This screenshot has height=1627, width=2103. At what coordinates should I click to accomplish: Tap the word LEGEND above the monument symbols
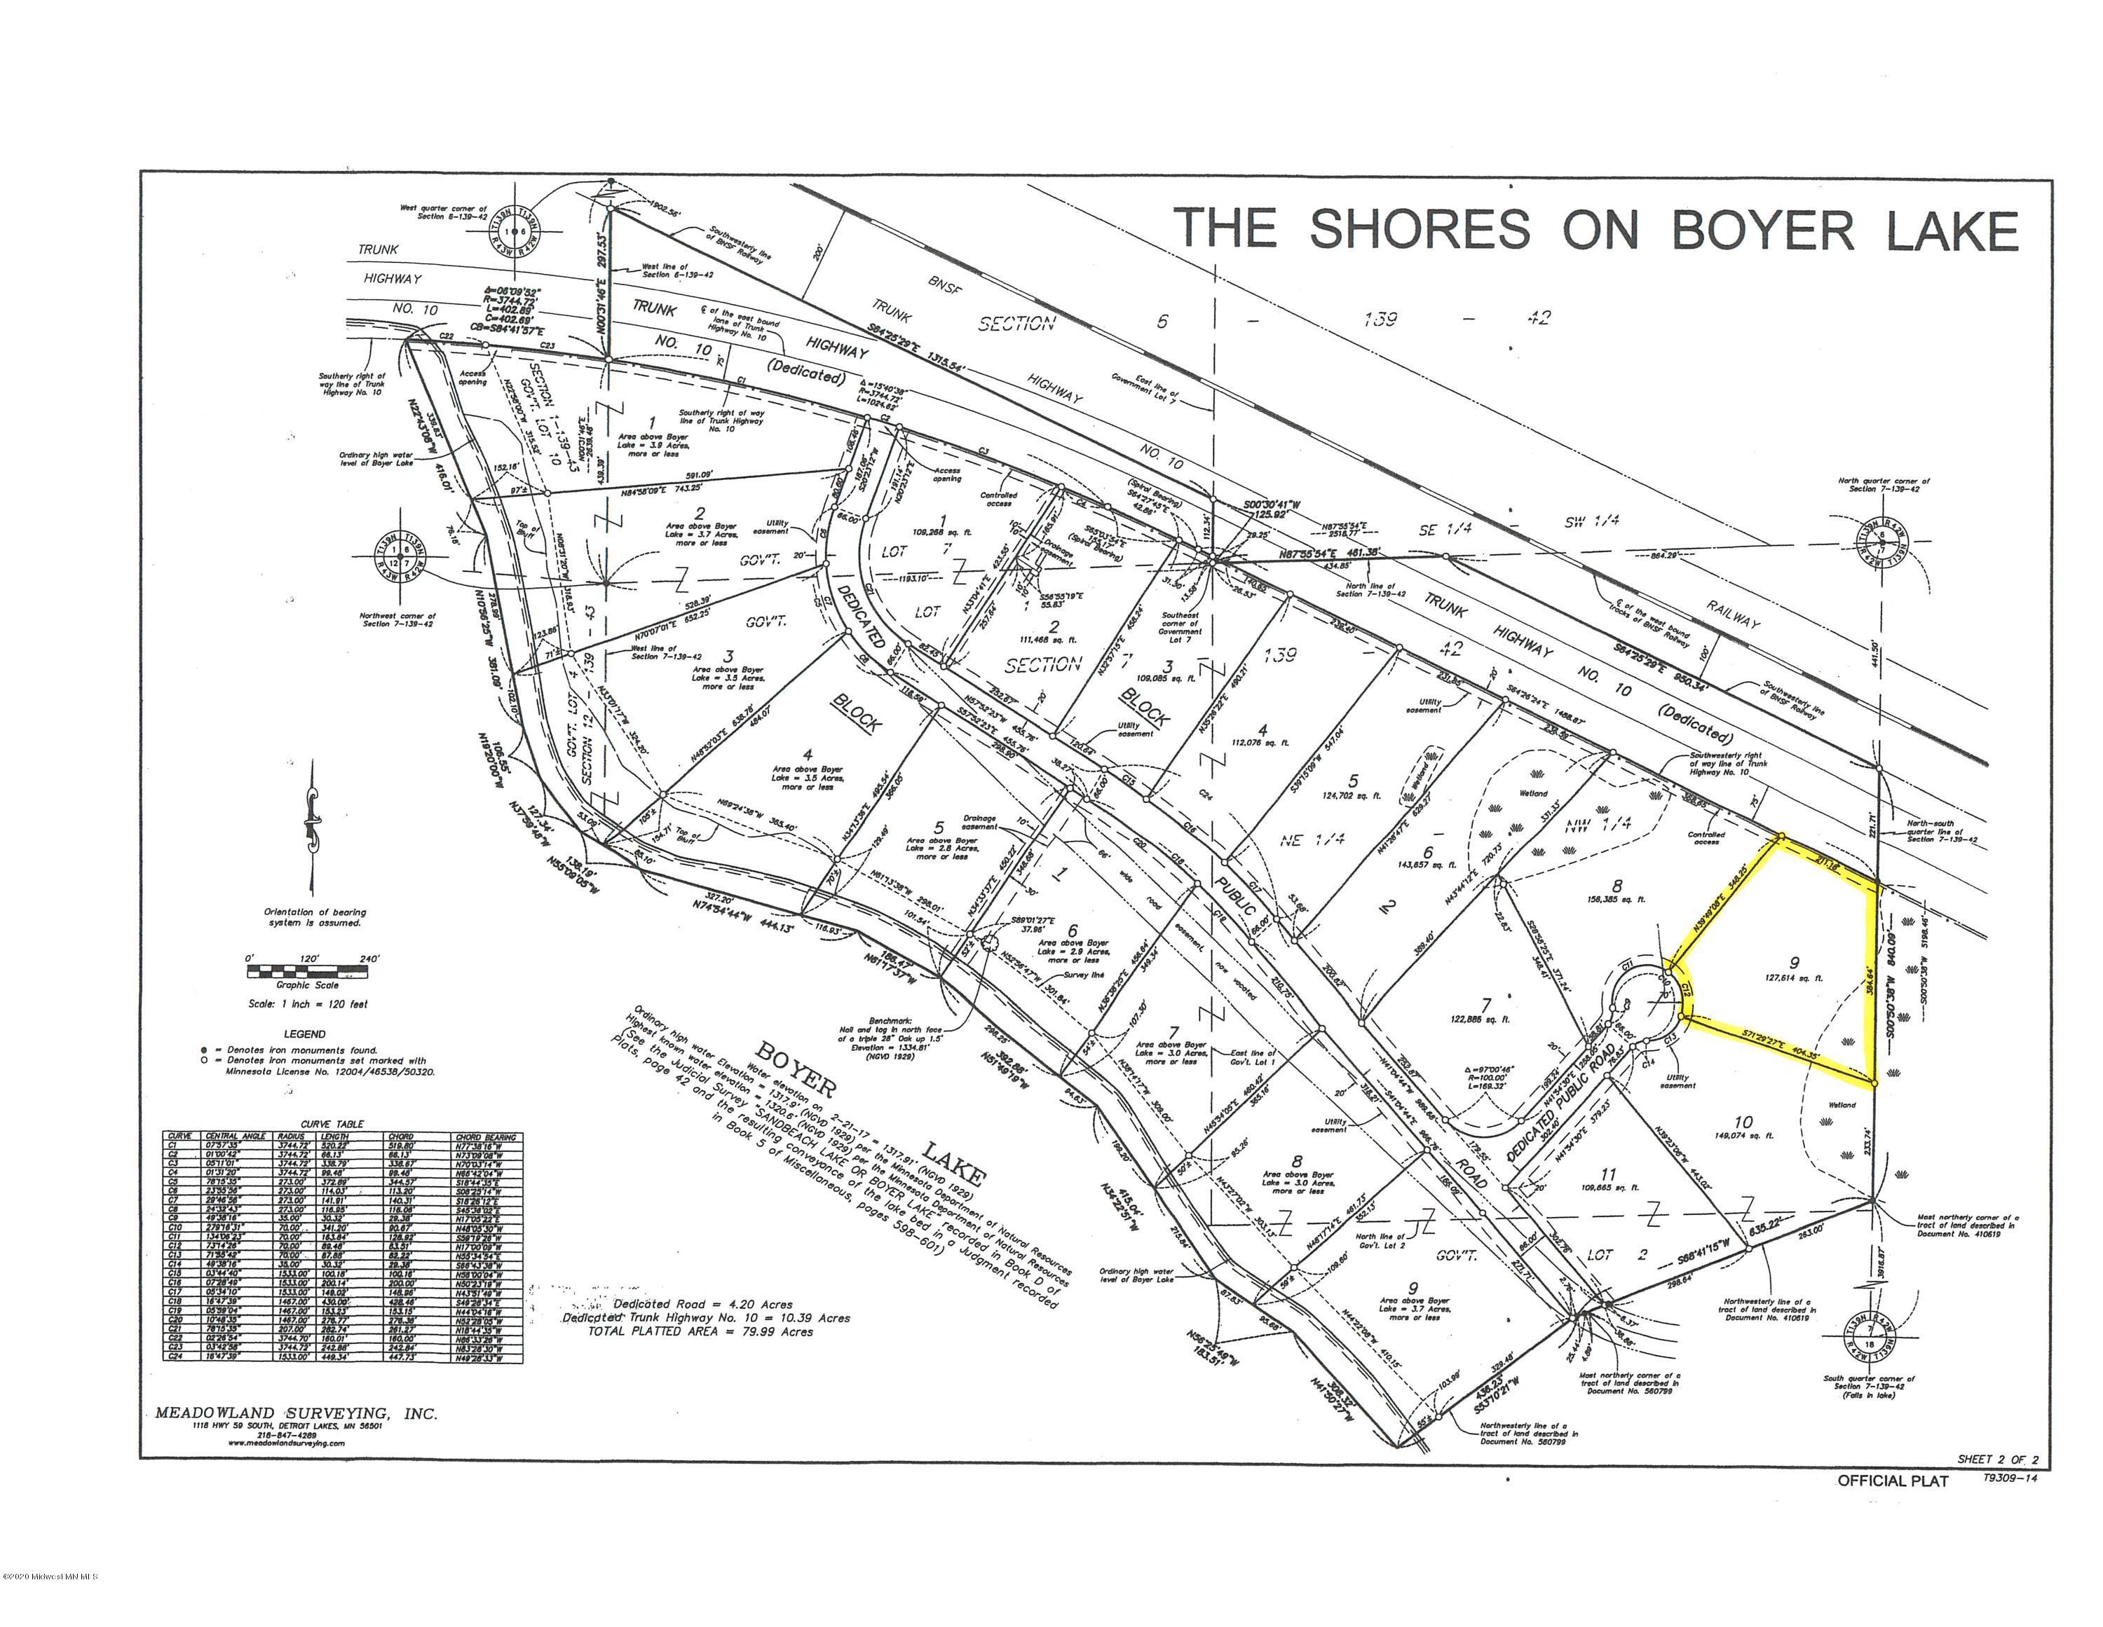click(x=307, y=1034)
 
